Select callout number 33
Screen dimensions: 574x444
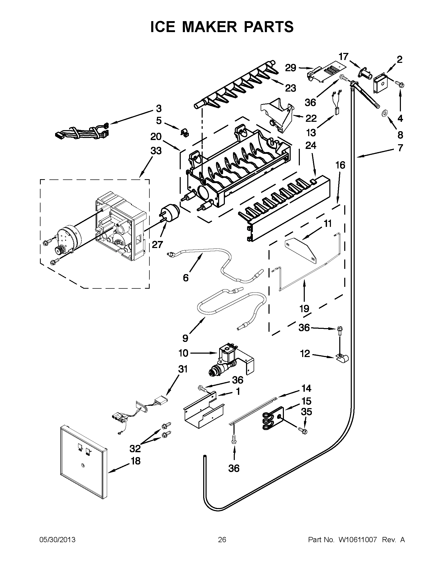click(156, 151)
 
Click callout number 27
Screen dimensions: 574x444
click(157, 245)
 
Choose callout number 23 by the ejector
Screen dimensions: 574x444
click(291, 88)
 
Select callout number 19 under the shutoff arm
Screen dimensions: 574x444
click(304, 308)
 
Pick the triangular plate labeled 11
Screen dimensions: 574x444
click(301, 248)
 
